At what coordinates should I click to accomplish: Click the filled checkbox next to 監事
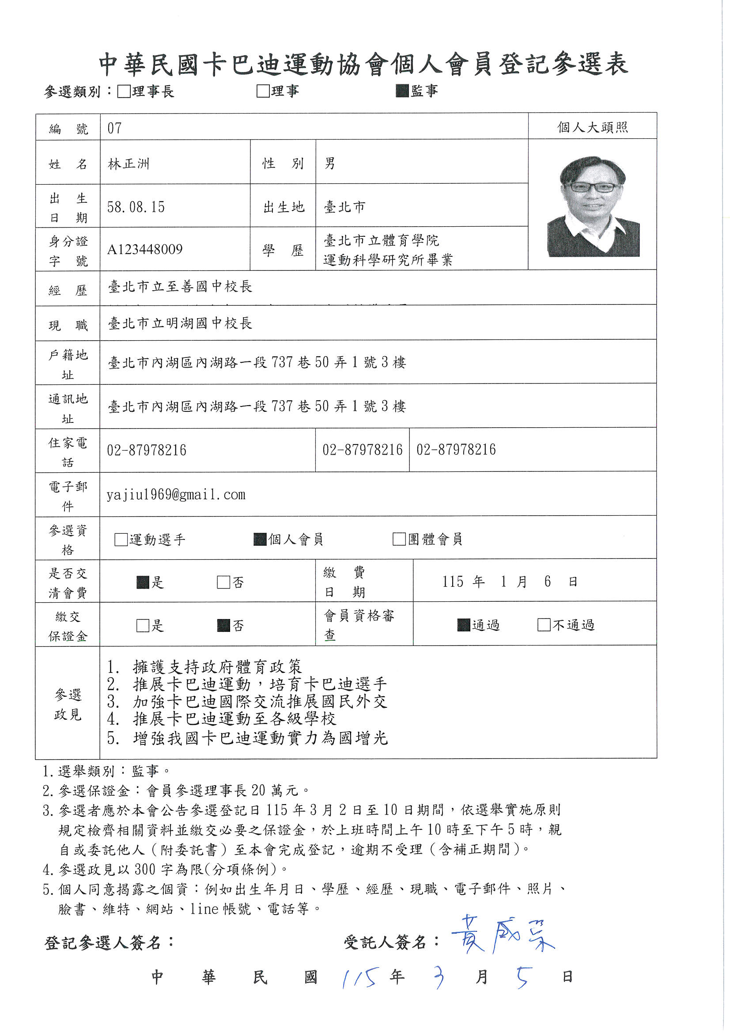click(x=402, y=91)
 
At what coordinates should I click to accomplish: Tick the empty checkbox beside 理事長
click(x=123, y=92)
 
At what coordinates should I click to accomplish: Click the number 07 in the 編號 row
click(x=114, y=128)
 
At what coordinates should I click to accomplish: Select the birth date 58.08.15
click(x=136, y=207)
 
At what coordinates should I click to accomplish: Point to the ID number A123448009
click(x=145, y=249)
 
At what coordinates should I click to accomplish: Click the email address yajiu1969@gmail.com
click(x=176, y=495)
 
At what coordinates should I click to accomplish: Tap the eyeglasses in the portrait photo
click(x=592, y=187)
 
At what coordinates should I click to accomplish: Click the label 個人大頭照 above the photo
click(x=592, y=127)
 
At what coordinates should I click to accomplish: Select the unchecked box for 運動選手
click(x=121, y=539)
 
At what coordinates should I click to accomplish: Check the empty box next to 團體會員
click(x=399, y=539)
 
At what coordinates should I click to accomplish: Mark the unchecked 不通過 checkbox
click(x=544, y=625)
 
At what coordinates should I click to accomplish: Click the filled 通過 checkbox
click(x=463, y=625)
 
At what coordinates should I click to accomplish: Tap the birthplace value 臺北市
click(x=344, y=207)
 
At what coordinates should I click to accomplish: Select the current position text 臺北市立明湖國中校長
click(x=180, y=323)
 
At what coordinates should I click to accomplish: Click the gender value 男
click(x=330, y=163)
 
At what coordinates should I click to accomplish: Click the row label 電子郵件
click(x=68, y=496)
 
